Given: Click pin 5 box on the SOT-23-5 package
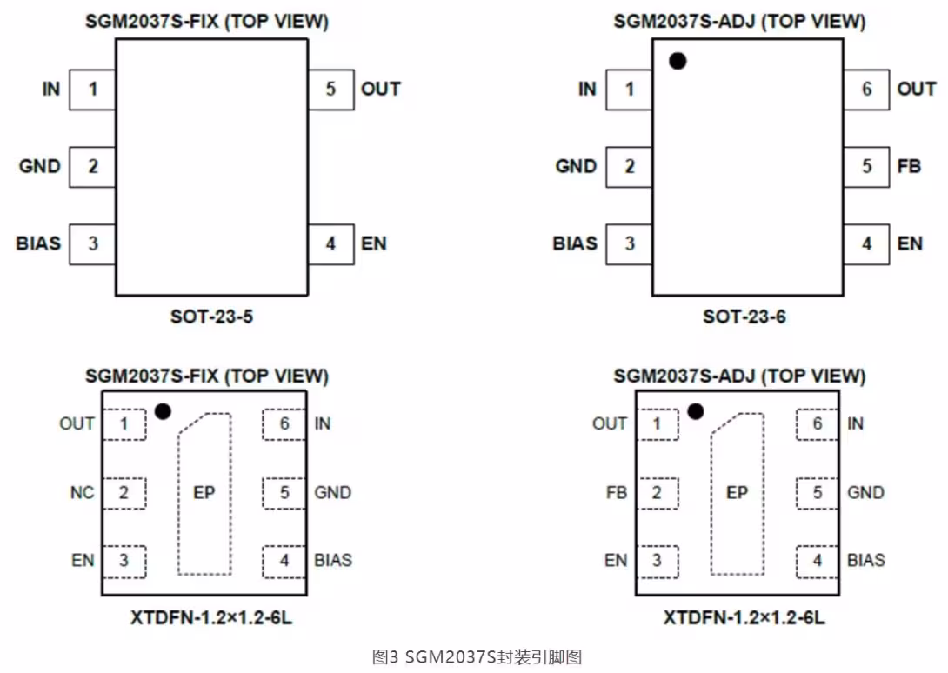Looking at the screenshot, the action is (330, 90).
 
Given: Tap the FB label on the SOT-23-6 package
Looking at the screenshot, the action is (909, 166).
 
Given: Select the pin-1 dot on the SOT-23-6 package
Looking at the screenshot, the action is (678, 61).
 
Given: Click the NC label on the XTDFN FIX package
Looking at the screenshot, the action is (83, 493).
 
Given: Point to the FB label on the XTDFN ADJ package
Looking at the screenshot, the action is (617, 493).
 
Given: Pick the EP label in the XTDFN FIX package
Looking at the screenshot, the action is (204, 493).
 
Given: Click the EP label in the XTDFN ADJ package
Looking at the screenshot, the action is (737, 493).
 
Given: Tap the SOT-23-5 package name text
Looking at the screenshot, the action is (211, 317).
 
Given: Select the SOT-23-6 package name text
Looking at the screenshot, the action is (744, 317).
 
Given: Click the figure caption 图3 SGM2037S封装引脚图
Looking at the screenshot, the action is (477, 656).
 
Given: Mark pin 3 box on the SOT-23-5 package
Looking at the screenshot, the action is (92, 244).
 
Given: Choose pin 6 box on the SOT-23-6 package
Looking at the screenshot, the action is (866, 90).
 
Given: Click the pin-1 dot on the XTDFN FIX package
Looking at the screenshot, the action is (163, 411).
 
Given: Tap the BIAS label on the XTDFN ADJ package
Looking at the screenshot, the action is (865, 560).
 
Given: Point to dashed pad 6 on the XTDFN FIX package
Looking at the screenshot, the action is (284, 424).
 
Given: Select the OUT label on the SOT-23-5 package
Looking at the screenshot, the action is (381, 89).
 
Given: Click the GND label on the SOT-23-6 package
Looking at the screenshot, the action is (576, 166).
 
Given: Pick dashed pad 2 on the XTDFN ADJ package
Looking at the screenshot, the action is (658, 493).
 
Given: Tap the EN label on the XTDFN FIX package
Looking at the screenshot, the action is (83, 561).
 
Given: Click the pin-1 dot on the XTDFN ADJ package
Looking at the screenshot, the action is (696, 411).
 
